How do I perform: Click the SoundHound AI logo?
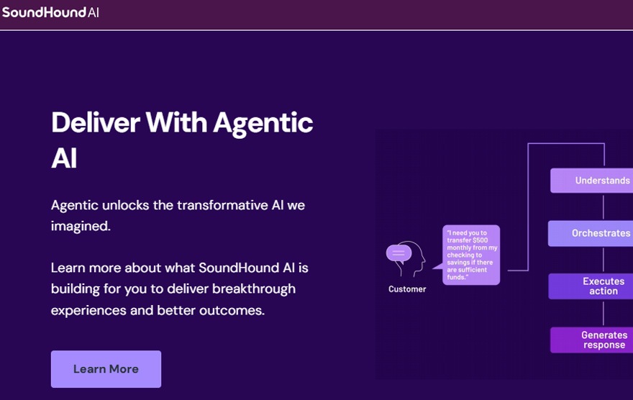(x=50, y=12)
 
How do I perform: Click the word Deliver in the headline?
(x=96, y=122)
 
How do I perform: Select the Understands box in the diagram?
(x=592, y=181)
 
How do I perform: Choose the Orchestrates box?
(x=591, y=233)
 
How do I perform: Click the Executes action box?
(x=591, y=286)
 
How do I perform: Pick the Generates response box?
(x=592, y=340)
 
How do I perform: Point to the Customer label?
(x=407, y=289)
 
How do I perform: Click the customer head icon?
(x=406, y=259)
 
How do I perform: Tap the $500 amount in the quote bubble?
(x=481, y=240)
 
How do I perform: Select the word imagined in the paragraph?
(x=81, y=226)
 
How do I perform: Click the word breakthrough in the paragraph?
(x=254, y=289)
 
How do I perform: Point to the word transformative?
(x=222, y=205)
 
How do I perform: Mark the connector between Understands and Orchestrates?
(x=604, y=206)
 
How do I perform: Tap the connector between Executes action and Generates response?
(x=604, y=313)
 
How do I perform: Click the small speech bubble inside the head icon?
(x=399, y=254)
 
